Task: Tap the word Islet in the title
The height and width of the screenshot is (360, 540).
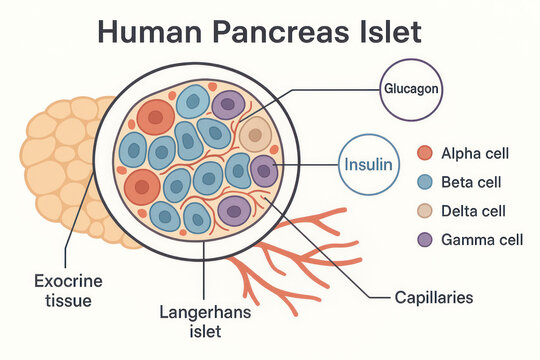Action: [386, 31]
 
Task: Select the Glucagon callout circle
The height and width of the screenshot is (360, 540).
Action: [409, 89]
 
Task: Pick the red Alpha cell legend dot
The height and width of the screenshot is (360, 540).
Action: [425, 153]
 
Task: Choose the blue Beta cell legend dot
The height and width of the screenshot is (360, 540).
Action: [425, 182]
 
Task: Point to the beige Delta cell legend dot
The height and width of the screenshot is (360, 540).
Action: [425, 211]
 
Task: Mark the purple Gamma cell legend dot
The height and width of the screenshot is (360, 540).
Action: [425, 240]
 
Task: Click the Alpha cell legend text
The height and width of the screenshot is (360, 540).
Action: [476, 153]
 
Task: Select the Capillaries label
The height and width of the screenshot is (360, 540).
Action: [434, 298]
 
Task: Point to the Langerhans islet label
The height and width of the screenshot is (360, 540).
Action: [205, 321]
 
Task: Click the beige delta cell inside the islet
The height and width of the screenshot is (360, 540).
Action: [256, 134]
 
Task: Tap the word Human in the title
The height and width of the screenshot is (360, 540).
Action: [147, 31]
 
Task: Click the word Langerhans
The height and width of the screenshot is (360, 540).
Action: [205, 311]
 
